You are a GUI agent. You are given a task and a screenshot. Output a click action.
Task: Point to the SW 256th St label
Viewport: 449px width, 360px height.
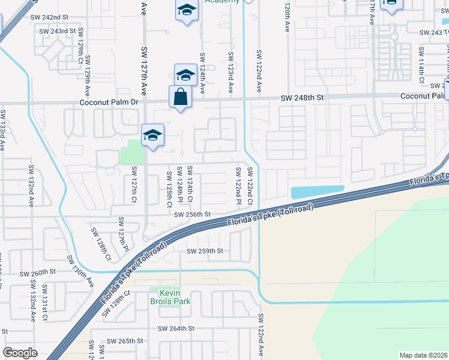coord(192,214)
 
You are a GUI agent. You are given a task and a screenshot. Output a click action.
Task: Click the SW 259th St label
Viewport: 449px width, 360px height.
coord(205,251)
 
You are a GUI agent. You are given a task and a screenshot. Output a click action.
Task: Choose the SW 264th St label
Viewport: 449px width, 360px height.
coord(176,328)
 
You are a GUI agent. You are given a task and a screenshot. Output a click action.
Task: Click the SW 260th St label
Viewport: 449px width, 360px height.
coord(37,272)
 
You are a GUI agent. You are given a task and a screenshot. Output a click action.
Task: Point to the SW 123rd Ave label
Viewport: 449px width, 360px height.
coord(231,71)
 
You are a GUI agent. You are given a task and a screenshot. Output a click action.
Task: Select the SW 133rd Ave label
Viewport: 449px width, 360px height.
coord(4,129)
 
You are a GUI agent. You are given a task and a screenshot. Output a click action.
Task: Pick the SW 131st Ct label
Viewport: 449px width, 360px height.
coord(45,306)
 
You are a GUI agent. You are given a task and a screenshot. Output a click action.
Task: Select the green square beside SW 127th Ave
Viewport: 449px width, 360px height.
coord(131,152)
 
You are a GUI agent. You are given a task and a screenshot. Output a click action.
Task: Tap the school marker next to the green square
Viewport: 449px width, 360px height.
coord(152,135)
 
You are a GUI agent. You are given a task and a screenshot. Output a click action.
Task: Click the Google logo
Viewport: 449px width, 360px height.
coord(20,353)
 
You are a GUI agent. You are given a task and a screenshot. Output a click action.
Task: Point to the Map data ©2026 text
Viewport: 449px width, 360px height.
coord(423,355)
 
